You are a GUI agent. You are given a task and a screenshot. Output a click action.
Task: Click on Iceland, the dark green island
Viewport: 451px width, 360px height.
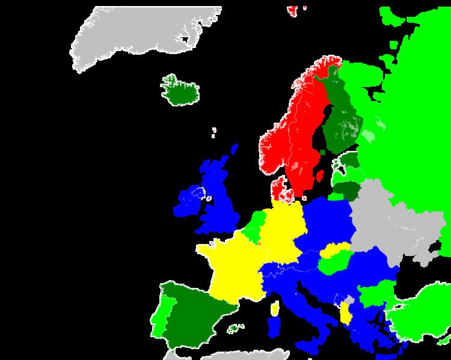[x=180, y=92]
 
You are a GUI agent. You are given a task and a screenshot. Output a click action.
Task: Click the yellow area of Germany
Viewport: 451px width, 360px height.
[x=283, y=228]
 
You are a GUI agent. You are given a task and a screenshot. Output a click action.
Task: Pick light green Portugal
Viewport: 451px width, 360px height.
[x=160, y=319]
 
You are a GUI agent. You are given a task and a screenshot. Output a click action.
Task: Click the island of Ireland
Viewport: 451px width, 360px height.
[x=189, y=201]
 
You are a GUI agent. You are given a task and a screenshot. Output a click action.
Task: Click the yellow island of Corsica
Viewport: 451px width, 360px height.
[x=275, y=309]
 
